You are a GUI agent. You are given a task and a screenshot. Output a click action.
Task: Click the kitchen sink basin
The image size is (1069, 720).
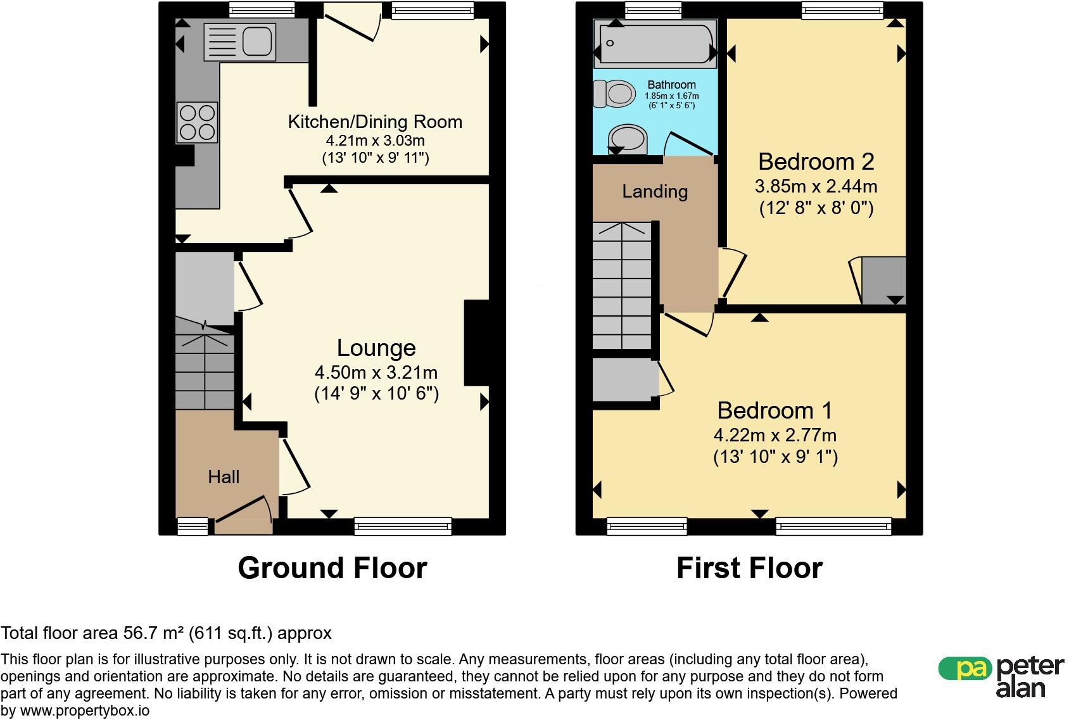click(257, 41)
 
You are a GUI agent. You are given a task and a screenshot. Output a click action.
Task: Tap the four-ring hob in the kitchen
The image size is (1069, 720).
click(197, 122)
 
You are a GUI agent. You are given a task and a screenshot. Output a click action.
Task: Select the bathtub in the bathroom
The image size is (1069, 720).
click(655, 44)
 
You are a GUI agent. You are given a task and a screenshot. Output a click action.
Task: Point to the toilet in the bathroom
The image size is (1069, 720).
click(614, 93)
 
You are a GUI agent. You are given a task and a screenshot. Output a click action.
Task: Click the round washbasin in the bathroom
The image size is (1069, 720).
click(628, 139)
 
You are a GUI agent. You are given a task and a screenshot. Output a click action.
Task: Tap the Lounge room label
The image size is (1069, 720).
click(376, 348)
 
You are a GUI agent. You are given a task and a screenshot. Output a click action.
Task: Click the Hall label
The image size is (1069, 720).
click(224, 477)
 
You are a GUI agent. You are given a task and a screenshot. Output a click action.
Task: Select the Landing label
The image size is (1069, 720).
click(655, 191)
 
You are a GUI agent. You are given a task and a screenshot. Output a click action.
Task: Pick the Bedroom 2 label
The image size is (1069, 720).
click(816, 161)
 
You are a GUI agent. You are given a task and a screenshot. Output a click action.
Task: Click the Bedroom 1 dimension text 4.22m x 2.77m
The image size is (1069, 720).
click(775, 435)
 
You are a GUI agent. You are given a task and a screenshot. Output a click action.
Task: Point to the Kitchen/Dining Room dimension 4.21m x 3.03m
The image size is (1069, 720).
click(375, 141)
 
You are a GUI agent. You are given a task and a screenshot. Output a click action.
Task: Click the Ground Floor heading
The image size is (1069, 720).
click(332, 568)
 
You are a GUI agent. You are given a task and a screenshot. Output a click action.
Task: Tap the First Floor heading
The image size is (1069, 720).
click(749, 568)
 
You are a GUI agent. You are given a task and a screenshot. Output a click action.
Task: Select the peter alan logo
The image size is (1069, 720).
click(1001, 677)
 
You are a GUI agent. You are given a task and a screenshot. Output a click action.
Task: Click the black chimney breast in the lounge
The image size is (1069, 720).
click(477, 343)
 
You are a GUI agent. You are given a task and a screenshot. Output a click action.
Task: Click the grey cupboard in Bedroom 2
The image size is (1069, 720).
click(883, 281)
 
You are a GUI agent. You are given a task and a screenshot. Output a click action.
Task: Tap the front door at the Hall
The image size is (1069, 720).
click(243, 516)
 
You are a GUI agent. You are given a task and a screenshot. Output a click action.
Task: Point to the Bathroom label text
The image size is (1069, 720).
click(671, 84)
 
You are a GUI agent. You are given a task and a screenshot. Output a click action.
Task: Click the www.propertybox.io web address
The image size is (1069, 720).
click(84, 711)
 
